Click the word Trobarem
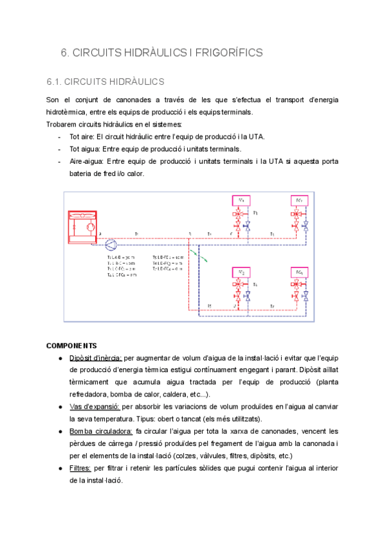tap(62, 124)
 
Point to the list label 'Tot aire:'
tap(84, 136)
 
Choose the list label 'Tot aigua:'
tap(87, 148)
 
